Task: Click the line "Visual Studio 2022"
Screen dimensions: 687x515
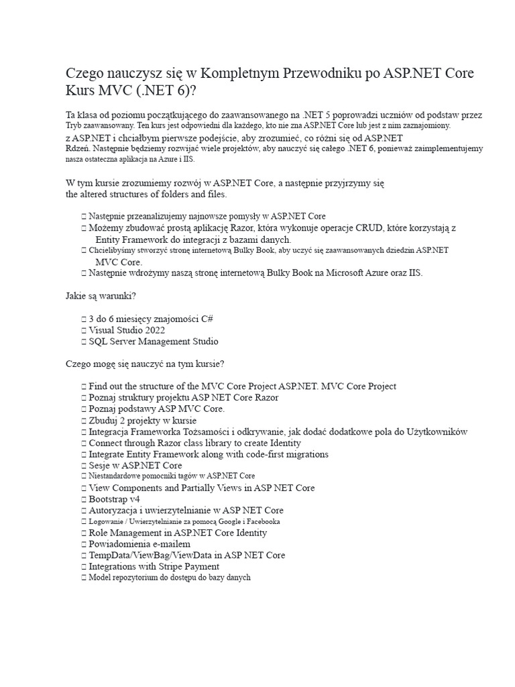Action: (127, 330)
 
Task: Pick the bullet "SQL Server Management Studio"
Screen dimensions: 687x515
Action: (153, 341)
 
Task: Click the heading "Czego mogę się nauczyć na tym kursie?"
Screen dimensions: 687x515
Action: (145, 364)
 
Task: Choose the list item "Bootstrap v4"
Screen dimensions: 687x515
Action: (114, 499)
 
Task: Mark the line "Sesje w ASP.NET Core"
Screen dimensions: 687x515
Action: (135, 465)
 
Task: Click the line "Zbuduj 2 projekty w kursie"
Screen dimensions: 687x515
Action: (143, 420)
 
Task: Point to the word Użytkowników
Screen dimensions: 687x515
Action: (437, 431)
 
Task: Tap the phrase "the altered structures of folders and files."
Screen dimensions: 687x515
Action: (146, 194)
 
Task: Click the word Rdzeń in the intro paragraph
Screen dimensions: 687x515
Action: (77, 148)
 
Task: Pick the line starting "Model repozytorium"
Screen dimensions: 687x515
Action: (169, 578)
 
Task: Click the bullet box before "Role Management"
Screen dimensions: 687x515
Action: (83, 533)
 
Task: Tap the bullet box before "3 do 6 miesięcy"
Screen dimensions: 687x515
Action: (83, 319)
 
